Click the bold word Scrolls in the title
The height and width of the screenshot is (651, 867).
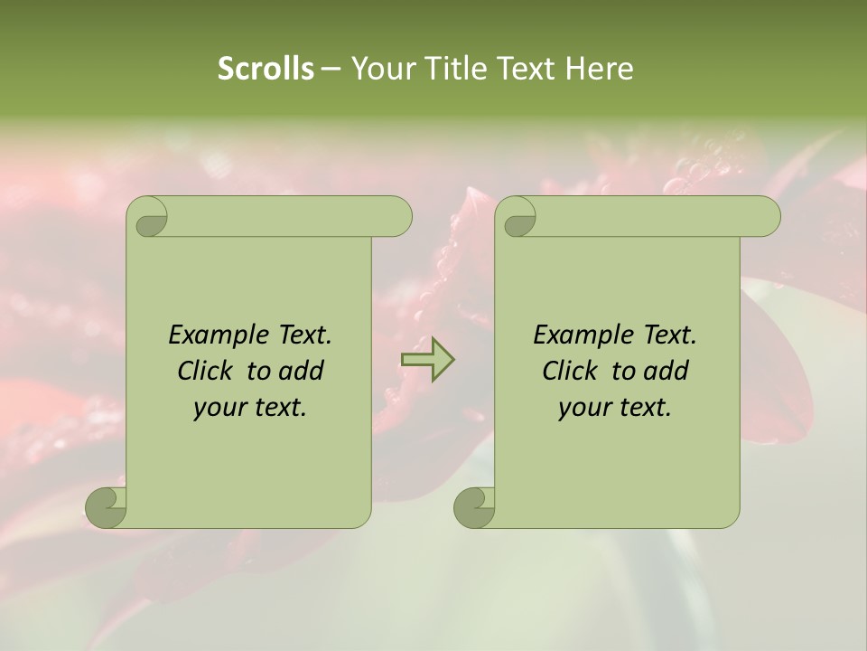pos(266,69)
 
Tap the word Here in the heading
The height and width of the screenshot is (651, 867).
pos(599,69)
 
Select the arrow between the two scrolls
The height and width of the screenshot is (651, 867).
pos(427,360)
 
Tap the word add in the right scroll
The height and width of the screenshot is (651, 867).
pos(667,371)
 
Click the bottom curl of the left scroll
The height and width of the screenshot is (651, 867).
pos(107,506)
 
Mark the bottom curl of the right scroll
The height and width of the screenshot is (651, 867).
pos(474,506)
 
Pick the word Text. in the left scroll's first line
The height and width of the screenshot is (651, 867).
pos(301,335)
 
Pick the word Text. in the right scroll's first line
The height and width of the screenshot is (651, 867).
pos(666,335)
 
